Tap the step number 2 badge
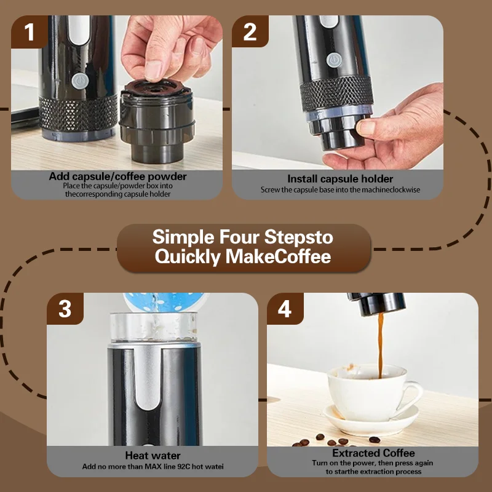(250, 32)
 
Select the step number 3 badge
(65, 309)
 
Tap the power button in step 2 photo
(333, 60)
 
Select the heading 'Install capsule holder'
(340, 179)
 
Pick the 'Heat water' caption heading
(153, 456)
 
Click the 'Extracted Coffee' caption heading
(373, 453)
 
